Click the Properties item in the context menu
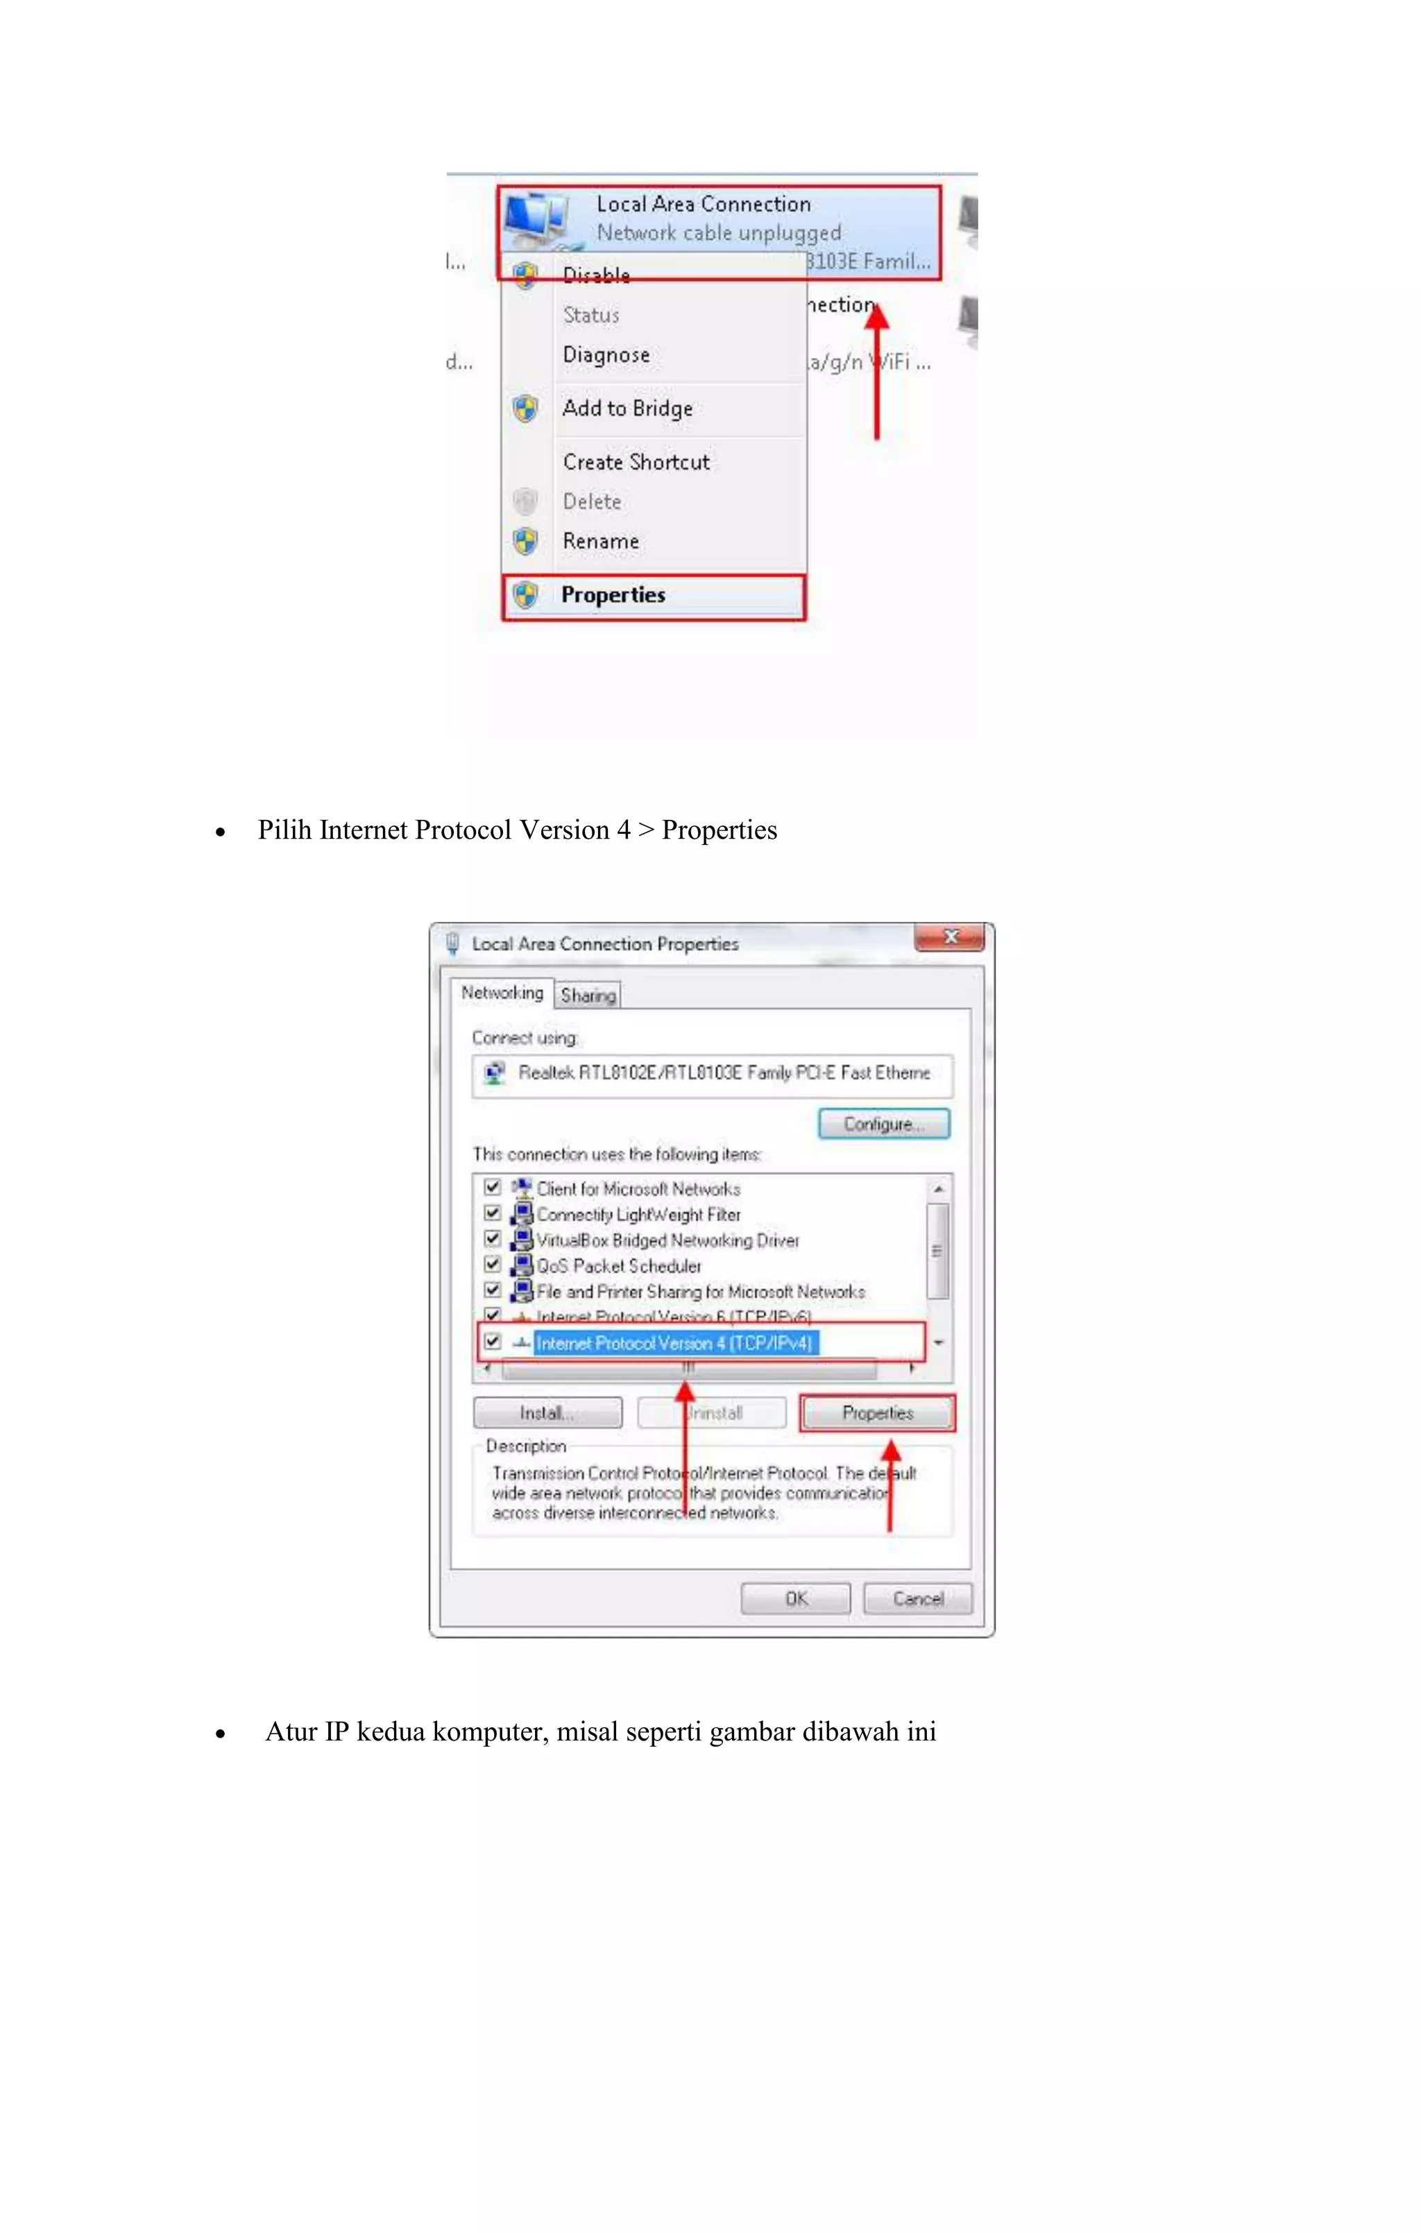tap(613, 595)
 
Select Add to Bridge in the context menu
tap(627, 409)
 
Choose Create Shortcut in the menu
tap(636, 462)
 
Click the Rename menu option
tap(600, 542)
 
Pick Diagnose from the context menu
tap(606, 355)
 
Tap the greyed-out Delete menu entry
tap(592, 502)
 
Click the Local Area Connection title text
tap(703, 204)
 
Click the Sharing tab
tap(588, 995)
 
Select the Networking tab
tap(502, 993)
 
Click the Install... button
tap(547, 1413)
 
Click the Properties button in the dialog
tap(878, 1413)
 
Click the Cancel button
tap(917, 1599)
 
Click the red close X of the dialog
tap(950, 936)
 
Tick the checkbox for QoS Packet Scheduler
tap(493, 1264)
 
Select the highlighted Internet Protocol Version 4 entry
tap(674, 1343)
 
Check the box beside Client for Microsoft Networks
tap(493, 1187)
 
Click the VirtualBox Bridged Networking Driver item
tap(667, 1241)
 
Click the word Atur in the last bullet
tap(291, 1732)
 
